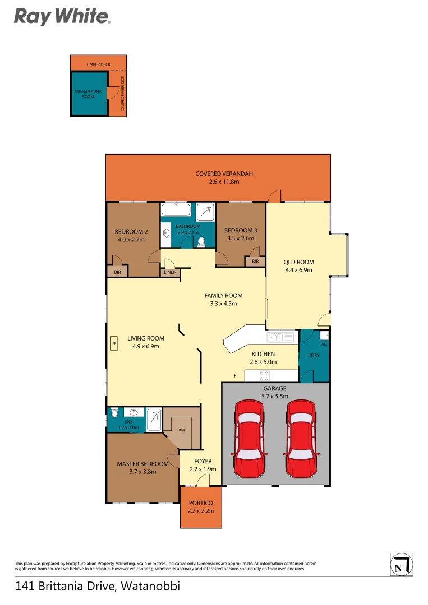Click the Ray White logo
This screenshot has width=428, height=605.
tap(62, 16)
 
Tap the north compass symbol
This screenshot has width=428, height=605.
tap(401, 564)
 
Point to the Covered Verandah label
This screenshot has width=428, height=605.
tap(224, 174)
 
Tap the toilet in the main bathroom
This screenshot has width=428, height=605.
tap(201, 241)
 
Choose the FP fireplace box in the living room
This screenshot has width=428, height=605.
tap(114, 343)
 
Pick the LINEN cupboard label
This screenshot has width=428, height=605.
tap(170, 272)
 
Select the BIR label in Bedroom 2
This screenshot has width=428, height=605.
tap(118, 272)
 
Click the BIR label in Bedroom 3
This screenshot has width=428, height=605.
tap(255, 262)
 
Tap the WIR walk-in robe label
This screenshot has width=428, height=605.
tap(182, 431)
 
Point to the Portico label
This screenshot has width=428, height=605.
tap(201, 502)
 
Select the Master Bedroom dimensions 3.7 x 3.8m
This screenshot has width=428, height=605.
tap(142, 472)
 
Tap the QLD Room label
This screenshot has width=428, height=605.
tap(298, 262)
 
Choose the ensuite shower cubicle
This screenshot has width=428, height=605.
tap(154, 418)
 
